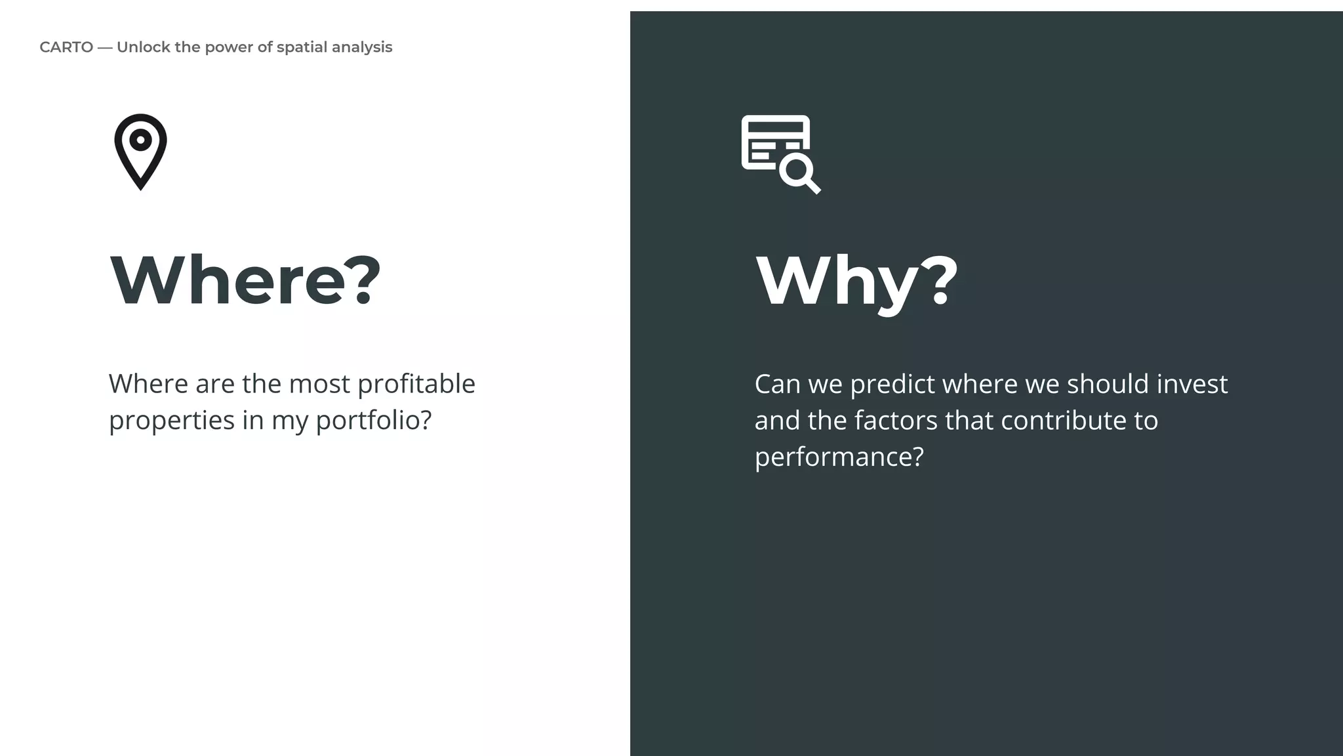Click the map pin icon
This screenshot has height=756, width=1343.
(140, 152)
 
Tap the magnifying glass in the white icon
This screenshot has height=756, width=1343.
(799, 173)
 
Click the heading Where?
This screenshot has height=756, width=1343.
(245, 280)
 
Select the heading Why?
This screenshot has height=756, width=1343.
(856, 281)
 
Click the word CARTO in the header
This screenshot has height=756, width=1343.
(66, 47)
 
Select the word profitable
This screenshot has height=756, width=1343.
(416, 384)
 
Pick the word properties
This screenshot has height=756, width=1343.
(172, 421)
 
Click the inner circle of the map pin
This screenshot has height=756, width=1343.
(140, 140)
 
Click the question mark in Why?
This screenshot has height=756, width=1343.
(941, 281)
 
